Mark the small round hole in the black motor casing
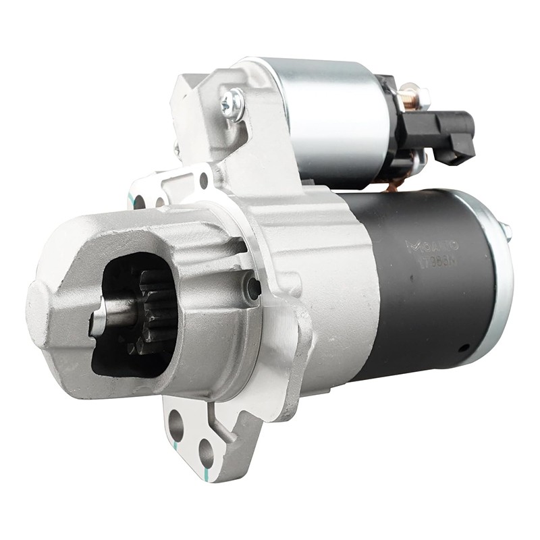coord(464,348)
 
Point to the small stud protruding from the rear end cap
coord(506,231)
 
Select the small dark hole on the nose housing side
coord(254,288)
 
